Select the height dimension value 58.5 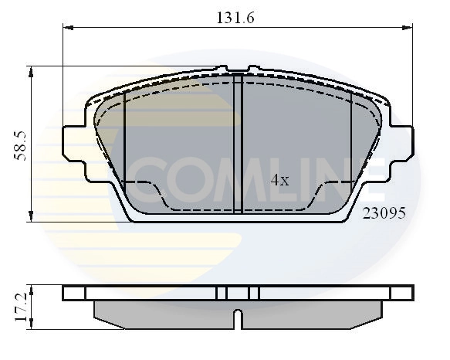click(x=21, y=144)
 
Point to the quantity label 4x click(x=279, y=181)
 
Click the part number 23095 click(x=384, y=212)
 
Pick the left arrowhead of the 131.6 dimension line click(x=67, y=28)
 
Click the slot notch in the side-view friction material click(x=239, y=315)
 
